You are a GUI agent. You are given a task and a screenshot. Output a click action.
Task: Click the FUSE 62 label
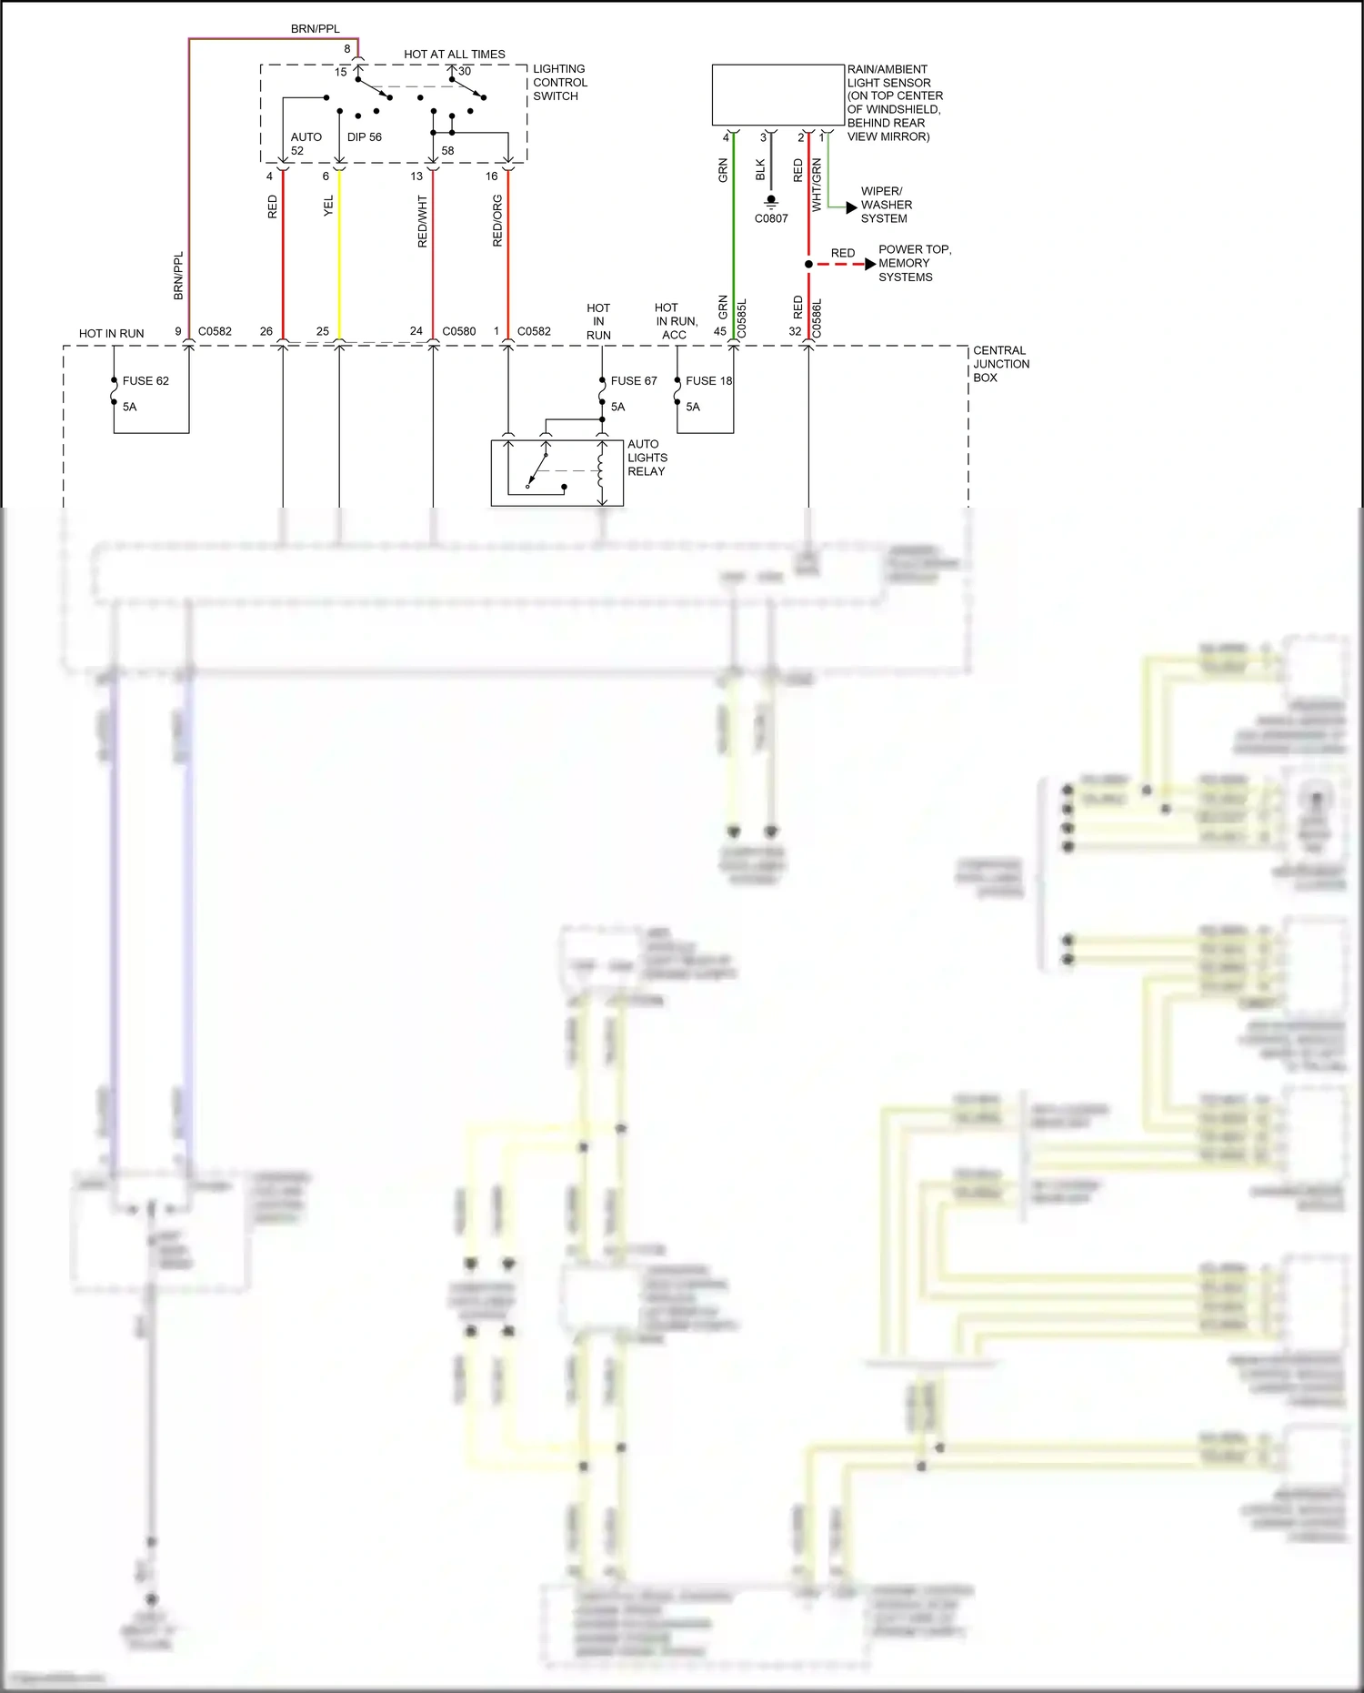coord(145,381)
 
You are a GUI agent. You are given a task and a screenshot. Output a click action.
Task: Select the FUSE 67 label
coord(633,381)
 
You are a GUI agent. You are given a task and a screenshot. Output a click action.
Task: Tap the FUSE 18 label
coord(708,381)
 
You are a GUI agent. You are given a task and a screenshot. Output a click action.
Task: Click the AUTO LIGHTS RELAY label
coord(647,458)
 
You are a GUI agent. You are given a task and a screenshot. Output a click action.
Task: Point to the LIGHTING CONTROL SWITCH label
coord(559,83)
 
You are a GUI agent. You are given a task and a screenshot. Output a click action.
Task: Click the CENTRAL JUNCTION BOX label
coord(1000,364)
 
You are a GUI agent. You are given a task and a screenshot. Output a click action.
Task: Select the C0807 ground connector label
coord(771,218)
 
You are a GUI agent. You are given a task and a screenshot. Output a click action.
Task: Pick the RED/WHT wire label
coord(422,221)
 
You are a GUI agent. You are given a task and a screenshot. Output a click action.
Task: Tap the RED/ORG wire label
coord(497,221)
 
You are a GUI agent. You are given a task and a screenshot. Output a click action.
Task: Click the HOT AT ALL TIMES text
coord(455,55)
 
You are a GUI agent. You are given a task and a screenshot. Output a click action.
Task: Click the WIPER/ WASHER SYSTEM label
coord(886,205)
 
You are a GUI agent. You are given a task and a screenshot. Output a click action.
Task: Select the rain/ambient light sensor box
coord(777,95)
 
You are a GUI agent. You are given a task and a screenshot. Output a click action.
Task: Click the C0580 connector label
coord(459,332)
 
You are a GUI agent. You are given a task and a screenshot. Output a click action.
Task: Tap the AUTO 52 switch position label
coord(306,144)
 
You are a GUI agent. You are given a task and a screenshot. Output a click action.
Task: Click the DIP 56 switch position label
coord(364,137)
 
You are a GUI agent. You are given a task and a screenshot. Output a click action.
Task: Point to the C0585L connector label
coord(742,318)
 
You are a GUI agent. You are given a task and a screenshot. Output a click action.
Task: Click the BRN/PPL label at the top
coord(315,29)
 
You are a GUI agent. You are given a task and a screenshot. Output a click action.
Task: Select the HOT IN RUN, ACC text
coord(676,321)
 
